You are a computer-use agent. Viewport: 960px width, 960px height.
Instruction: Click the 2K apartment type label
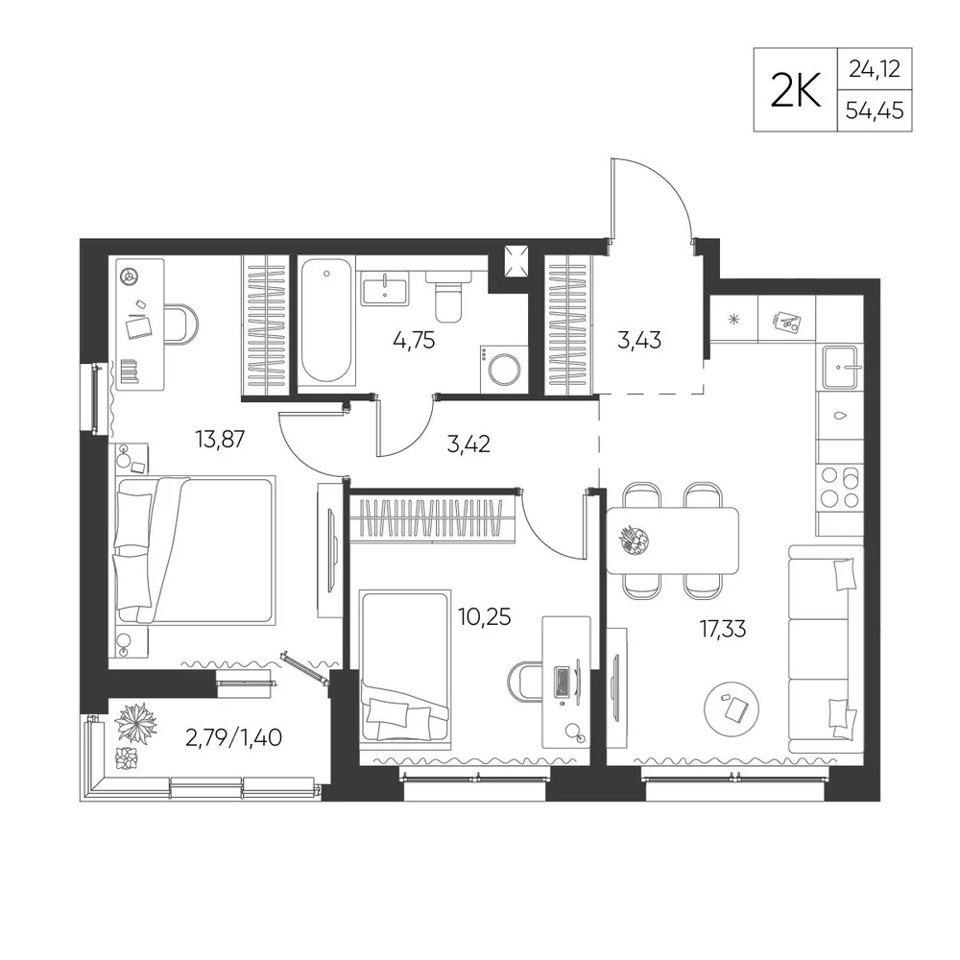click(x=795, y=89)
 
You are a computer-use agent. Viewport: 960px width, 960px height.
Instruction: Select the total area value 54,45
click(x=875, y=110)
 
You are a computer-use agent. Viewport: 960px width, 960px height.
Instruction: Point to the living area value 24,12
click(x=875, y=68)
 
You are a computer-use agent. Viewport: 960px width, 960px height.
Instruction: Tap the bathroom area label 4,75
click(x=414, y=340)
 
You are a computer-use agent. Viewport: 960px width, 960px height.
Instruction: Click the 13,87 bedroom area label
click(x=220, y=439)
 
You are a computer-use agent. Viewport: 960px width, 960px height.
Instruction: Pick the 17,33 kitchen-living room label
click(x=723, y=629)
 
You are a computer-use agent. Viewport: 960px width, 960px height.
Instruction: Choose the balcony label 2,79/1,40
click(x=233, y=737)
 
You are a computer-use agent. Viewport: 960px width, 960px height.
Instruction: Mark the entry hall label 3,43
click(x=639, y=340)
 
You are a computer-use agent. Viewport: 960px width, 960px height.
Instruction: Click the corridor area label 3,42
click(x=468, y=444)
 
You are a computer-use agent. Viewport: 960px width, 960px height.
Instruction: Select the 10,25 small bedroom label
click(x=484, y=616)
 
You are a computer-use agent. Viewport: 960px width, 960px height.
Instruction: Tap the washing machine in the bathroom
click(x=503, y=369)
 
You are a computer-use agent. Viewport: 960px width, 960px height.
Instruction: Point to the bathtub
click(x=326, y=321)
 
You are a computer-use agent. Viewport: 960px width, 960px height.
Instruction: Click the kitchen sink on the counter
click(x=842, y=367)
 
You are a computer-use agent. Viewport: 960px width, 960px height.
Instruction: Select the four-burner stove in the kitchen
click(x=839, y=488)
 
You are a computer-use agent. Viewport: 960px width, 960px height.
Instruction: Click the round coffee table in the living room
click(x=732, y=710)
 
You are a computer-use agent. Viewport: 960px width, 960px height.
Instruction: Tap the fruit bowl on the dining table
click(x=634, y=540)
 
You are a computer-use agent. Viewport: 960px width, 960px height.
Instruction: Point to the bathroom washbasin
click(x=385, y=288)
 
